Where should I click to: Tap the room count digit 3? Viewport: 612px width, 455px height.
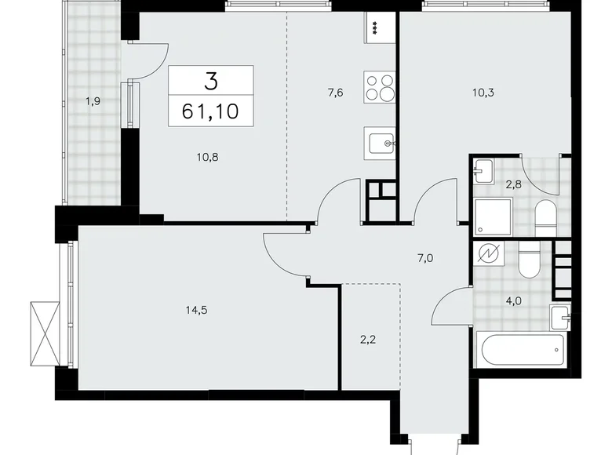(x=210, y=80)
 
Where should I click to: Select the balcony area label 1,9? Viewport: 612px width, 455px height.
(x=92, y=100)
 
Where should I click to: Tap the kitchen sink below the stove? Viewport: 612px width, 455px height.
(x=381, y=144)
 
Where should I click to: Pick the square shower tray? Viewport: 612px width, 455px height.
(x=494, y=216)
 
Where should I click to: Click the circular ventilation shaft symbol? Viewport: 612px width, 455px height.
(x=492, y=255)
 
